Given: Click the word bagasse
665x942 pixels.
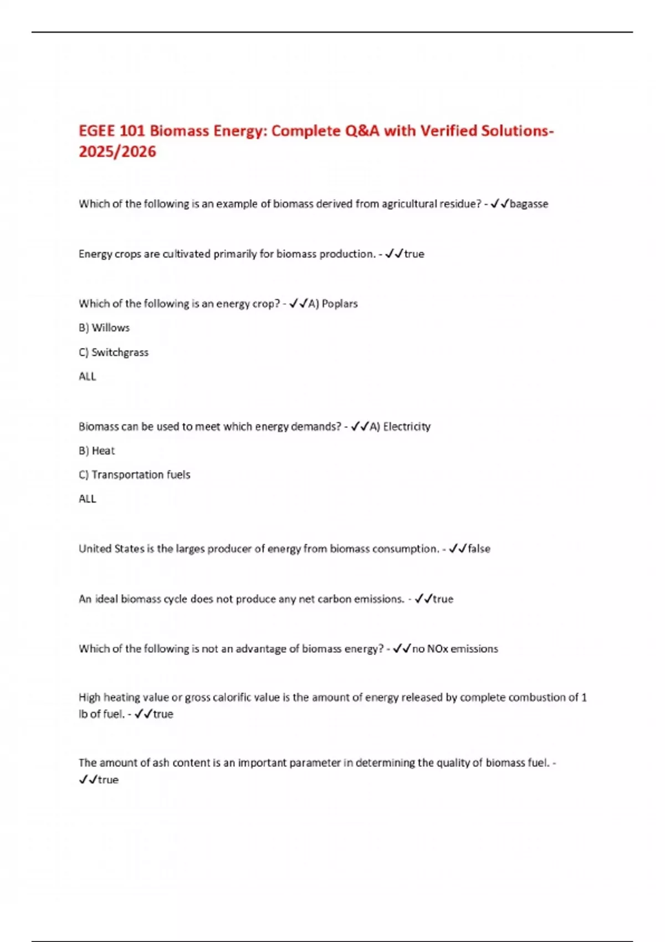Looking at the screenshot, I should pos(529,204).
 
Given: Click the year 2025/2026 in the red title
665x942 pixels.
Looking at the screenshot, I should pos(117,151).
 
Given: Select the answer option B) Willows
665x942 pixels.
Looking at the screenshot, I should pos(104,327).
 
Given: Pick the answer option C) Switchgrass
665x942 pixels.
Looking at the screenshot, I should pos(114,352).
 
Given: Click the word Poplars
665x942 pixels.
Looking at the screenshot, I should pos(340,304).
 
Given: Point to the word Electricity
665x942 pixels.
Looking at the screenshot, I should pos(407,427).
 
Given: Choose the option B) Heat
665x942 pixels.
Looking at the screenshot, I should pos(97,450).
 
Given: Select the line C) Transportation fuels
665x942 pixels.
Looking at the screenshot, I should pos(134,475).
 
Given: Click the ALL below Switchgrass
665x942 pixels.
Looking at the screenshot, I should pos(88,377).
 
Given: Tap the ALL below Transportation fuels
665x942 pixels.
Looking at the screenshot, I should pos(88,499).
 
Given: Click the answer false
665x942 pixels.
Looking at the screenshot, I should pos(479,549).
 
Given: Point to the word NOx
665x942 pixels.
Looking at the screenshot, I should pos(438,649).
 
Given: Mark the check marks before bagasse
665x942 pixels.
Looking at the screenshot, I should pos(500,204).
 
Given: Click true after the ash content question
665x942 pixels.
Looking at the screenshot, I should pos(108,780).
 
